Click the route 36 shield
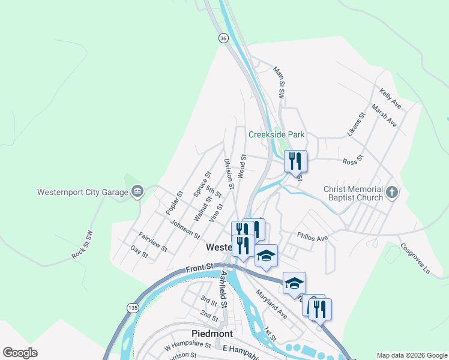pyautogui.click(x=223, y=38)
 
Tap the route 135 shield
pyautogui.click(x=132, y=307)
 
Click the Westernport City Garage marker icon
pyautogui.click(x=137, y=192)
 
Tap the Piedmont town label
pyautogui.click(x=212, y=333)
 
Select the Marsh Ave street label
pyautogui.click(x=384, y=115)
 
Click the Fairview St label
pyautogui.click(x=152, y=241)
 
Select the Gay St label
pyautogui.click(x=139, y=253)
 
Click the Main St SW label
pyautogui.click(x=279, y=82)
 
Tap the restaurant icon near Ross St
pyautogui.click(x=295, y=161)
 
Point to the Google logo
pyautogui.click(x=20, y=353)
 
